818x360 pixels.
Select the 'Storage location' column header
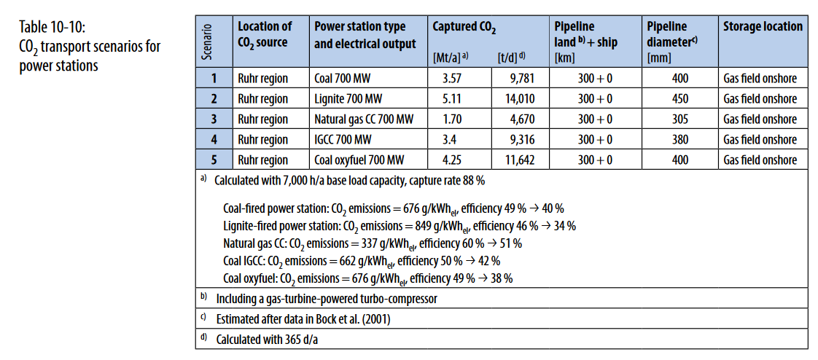[762, 27]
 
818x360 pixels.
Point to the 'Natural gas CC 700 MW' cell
[365, 119]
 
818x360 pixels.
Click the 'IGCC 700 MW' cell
[343, 139]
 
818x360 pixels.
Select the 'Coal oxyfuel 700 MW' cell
[359, 160]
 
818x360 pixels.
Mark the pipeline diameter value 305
[679, 119]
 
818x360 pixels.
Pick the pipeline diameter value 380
[679, 139]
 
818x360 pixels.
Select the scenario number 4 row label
[214, 139]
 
